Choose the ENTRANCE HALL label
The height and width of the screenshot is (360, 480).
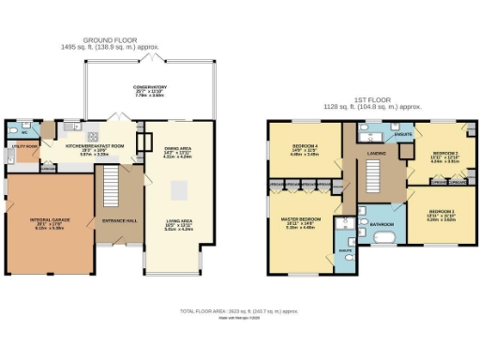[120, 221]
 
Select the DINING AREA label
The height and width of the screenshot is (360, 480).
[178, 149]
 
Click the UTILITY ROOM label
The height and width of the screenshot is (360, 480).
[22, 147]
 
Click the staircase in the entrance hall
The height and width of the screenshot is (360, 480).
[112, 180]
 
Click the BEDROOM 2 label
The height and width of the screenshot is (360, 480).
[444, 154]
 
